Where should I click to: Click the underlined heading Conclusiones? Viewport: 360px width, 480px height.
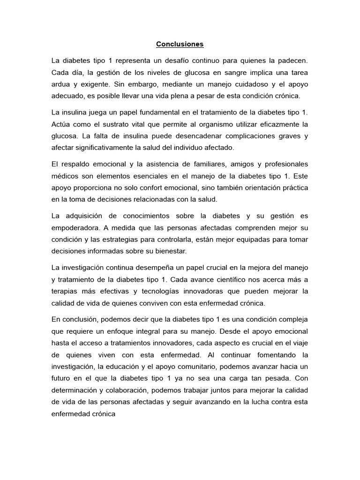pyautogui.click(x=180, y=45)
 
